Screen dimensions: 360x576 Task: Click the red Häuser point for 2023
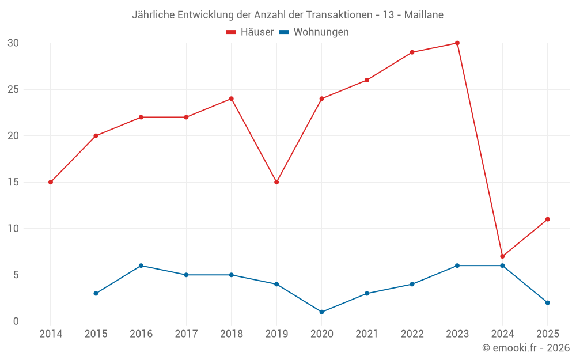457,43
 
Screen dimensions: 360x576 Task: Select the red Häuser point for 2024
502,256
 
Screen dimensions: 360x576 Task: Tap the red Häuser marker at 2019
276,182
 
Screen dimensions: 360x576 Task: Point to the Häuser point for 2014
51,182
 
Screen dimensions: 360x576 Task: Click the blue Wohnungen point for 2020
321,312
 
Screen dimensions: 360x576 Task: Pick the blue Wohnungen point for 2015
96,294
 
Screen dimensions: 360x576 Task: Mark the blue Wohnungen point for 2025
547,303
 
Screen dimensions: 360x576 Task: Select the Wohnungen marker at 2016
141,266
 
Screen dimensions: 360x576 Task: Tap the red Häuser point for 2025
547,219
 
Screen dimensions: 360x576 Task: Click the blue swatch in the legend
284,32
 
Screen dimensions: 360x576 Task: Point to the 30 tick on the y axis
13,43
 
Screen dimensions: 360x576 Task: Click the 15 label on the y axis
13,182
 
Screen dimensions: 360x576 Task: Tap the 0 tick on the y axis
16,321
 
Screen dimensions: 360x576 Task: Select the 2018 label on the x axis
231,334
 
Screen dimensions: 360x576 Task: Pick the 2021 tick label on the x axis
367,334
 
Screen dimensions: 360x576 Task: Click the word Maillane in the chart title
423,15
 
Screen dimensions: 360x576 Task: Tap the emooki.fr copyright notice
525,348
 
